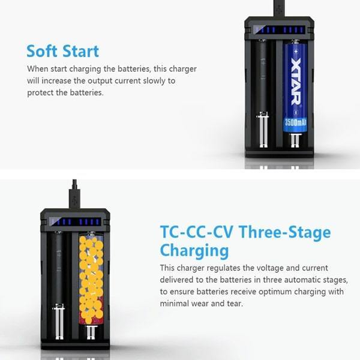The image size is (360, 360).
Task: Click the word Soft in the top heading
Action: (44, 50)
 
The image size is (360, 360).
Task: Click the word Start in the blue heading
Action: (80, 50)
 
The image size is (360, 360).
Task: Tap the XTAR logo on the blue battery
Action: (295, 82)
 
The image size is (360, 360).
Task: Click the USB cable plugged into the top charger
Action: (278, 8)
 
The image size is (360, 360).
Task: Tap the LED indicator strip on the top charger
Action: (279, 29)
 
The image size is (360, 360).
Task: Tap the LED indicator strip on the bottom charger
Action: (74, 221)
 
